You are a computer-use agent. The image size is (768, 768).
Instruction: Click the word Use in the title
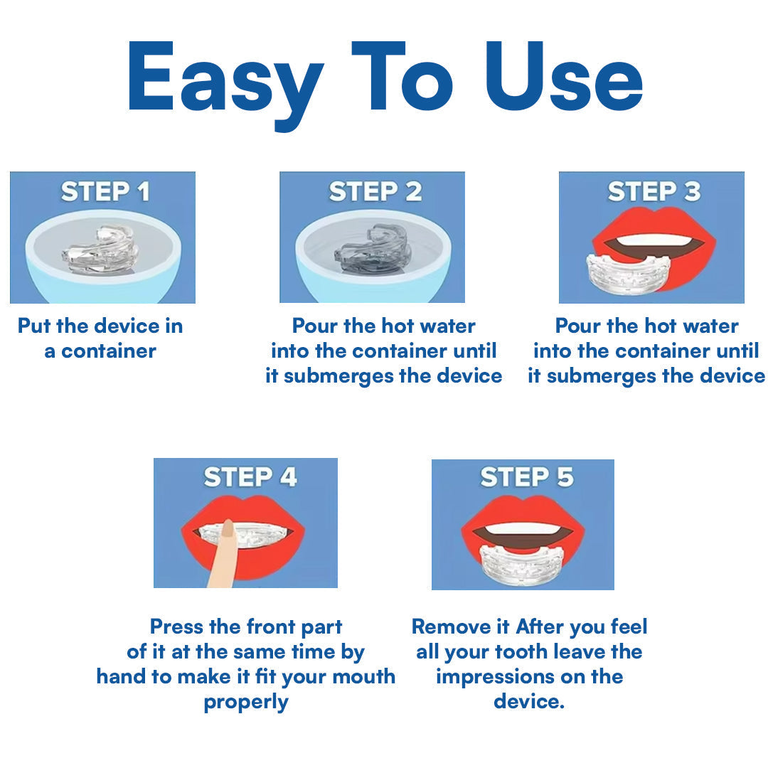[x=569, y=78]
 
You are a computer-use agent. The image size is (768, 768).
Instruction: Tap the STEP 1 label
[x=105, y=192]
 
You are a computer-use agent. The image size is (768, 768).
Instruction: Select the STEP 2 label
[x=375, y=191]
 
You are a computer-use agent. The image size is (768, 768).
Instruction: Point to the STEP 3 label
[x=654, y=191]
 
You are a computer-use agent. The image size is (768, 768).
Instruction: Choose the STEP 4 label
[x=250, y=477]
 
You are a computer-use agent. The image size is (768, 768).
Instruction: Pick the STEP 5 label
[x=526, y=477]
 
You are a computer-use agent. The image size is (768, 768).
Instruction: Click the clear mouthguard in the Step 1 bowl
[x=100, y=251]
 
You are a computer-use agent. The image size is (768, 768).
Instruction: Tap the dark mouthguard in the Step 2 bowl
[x=374, y=250]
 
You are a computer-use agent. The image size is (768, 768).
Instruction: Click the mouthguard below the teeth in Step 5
[x=522, y=565]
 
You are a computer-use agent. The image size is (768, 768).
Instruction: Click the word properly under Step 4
[x=245, y=702]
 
